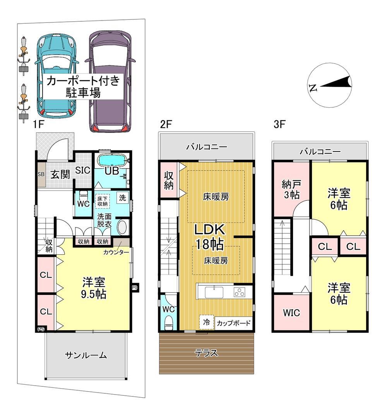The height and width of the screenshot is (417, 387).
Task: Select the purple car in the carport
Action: click(110, 81)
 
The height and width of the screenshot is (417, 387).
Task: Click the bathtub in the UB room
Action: click(113, 160)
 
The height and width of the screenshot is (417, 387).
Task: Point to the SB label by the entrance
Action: click(41, 174)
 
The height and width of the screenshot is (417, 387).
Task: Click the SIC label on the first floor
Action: click(82, 171)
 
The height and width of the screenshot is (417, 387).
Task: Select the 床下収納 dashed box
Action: click(103, 201)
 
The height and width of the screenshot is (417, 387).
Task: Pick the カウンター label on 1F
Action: click(116, 252)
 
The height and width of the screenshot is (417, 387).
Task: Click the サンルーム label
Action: click(86, 355)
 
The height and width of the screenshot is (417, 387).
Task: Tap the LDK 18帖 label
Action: click(210, 236)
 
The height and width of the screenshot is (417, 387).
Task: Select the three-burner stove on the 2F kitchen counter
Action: click(240, 292)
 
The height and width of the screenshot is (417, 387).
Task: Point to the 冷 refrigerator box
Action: click(206, 322)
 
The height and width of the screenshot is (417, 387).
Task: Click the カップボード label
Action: click(233, 323)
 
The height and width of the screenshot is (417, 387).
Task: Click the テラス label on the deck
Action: click(206, 353)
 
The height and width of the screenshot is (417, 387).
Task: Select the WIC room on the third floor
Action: click(291, 313)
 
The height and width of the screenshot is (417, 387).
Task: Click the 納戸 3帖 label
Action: click(291, 190)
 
